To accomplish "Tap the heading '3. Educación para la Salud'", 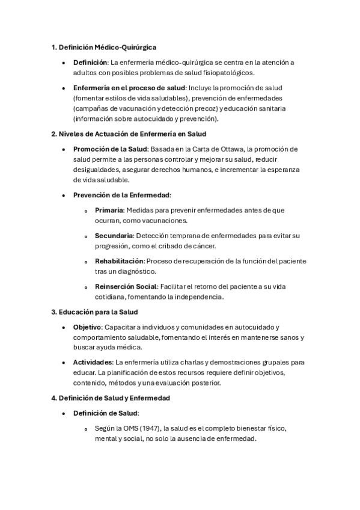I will tap(94, 312).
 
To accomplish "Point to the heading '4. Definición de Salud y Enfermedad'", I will tap(111, 398).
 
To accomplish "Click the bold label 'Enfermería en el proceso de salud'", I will tap(129, 87).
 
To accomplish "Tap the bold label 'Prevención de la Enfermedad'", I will tap(121, 195).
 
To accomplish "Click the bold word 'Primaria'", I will tap(109, 210).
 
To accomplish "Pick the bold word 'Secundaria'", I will tap(114, 235).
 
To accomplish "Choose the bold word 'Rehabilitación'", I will tap(120, 261).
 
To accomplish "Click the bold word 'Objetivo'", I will tap(88, 327).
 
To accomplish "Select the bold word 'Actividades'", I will tap(93, 362).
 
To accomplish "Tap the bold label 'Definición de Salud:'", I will tap(106, 413).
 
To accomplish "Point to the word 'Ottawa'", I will tap(231, 149).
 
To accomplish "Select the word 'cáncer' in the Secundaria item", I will tap(204, 246).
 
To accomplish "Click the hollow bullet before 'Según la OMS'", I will tap(87, 429).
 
